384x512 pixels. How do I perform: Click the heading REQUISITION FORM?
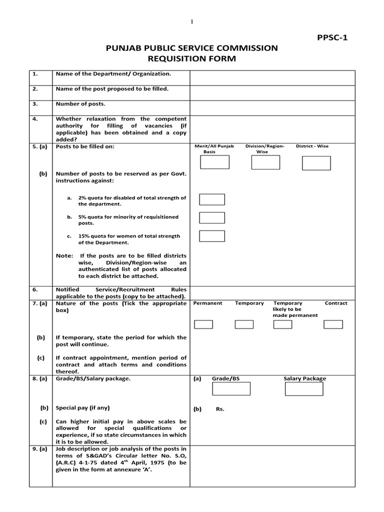point(191,59)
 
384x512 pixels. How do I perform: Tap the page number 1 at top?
point(191,21)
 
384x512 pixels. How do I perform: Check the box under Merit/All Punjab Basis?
point(214,162)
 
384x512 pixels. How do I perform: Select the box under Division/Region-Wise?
point(264,162)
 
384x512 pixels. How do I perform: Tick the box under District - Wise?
point(316,162)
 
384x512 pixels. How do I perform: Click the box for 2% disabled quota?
point(212,199)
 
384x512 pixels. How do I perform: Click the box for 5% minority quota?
point(212,217)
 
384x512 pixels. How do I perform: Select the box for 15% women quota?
point(212,236)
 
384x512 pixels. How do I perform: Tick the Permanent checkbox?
point(203,324)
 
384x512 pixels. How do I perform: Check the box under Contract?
point(333,324)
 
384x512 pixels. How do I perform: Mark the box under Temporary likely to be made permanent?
point(283,324)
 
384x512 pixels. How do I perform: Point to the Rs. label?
point(220,409)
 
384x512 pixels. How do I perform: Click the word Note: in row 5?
point(64,255)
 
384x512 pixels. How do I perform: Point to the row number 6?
point(35,289)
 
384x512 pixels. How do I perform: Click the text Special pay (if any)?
point(82,407)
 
